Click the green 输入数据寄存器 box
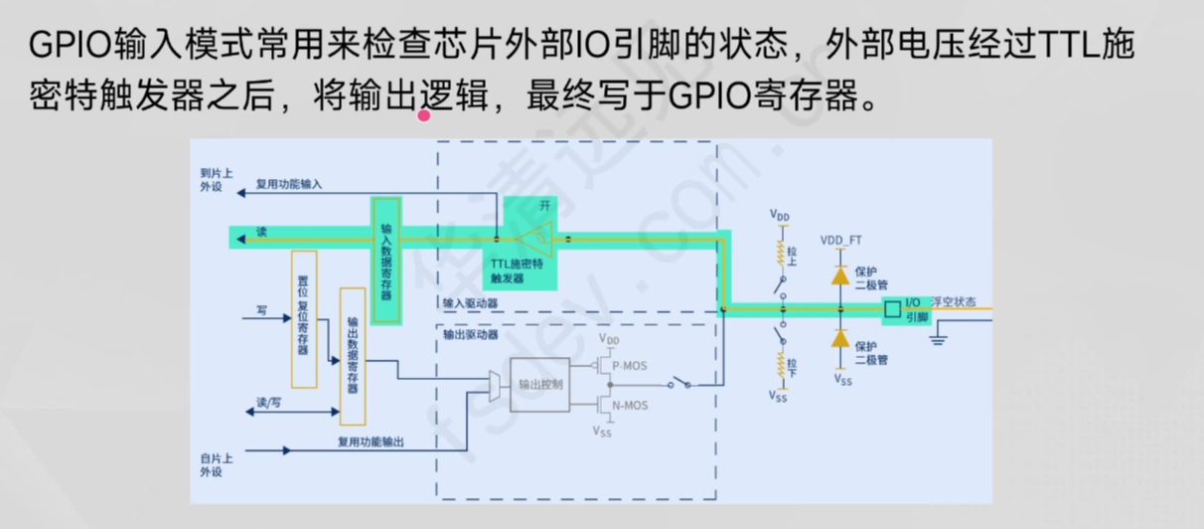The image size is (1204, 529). (386, 261)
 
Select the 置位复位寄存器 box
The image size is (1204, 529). (304, 318)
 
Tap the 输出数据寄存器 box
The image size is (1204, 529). (353, 355)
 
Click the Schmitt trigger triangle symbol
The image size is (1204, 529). (536, 239)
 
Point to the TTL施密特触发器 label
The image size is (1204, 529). (516, 271)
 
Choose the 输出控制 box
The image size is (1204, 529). (540, 384)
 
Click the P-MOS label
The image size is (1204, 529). (629, 366)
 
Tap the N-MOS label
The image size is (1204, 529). (629, 405)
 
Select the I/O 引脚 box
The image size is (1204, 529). (905, 311)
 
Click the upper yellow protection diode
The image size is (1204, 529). (840, 274)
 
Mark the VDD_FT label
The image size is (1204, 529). (840, 241)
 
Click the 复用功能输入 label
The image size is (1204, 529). (289, 184)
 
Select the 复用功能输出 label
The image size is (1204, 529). (371, 441)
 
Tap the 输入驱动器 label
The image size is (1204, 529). (470, 302)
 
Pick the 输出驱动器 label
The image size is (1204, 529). (470, 334)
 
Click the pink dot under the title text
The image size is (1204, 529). (424, 115)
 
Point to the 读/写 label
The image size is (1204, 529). (268, 403)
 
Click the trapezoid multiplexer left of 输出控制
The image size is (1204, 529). (496, 383)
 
